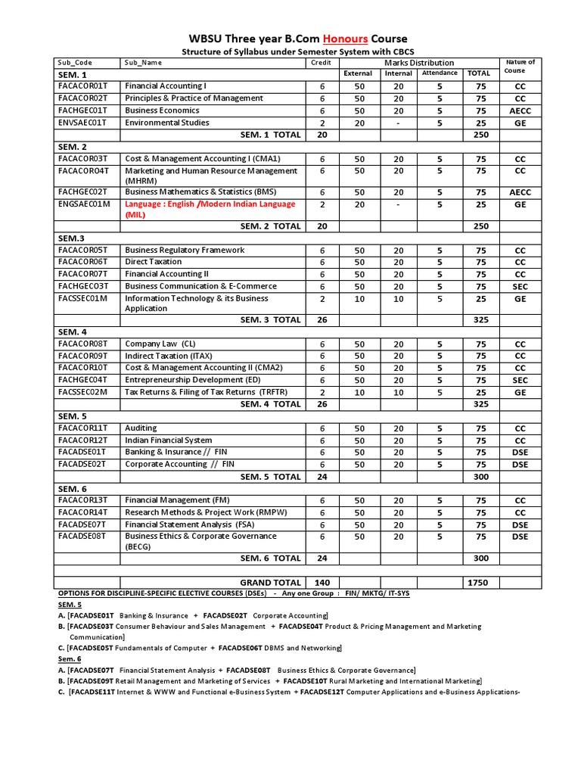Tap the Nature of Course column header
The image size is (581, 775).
click(520, 67)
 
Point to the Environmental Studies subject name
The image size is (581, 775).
click(167, 123)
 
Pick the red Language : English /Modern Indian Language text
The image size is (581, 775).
click(210, 204)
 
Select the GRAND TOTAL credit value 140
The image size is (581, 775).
click(322, 583)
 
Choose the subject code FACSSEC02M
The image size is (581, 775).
click(83, 392)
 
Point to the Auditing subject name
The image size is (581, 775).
click(141, 428)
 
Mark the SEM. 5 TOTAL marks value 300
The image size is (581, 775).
click(480, 477)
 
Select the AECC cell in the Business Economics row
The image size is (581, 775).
click(520, 110)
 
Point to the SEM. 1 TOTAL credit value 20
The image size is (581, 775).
click(322, 135)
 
